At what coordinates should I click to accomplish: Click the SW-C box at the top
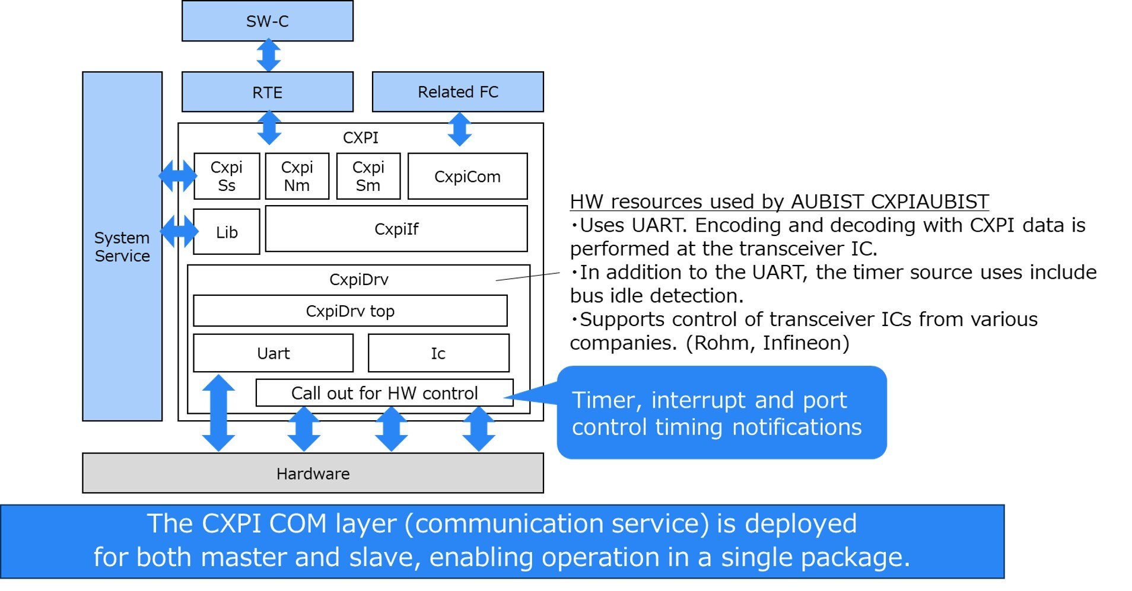[x=267, y=21]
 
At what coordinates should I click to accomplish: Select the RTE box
[x=267, y=92]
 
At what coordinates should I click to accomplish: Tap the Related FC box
[x=457, y=92]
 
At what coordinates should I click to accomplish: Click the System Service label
[x=122, y=247]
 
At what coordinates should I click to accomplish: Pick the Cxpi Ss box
[x=227, y=176]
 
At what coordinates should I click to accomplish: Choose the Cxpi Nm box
[x=297, y=176]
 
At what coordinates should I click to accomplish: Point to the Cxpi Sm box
[x=368, y=176]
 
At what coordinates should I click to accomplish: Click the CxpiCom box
[x=468, y=177]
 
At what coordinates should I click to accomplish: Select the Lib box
[x=227, y=232]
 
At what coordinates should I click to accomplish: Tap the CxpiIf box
[x=396, y=229]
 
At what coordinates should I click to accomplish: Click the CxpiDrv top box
[x=350, y=311]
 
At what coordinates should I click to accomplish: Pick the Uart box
[x=273, y=353]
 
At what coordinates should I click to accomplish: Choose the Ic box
[x=438, y=353]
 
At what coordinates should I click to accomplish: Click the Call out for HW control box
[x=384, y=393]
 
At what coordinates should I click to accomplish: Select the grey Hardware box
[x=313, y=474]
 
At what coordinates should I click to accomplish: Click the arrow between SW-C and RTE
[x=269, y=55]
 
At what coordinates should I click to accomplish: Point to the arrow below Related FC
[x=460, y=129]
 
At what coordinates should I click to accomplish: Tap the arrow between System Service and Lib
[x=179, y=231]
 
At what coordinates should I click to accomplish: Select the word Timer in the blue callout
[x=606, y=401]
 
